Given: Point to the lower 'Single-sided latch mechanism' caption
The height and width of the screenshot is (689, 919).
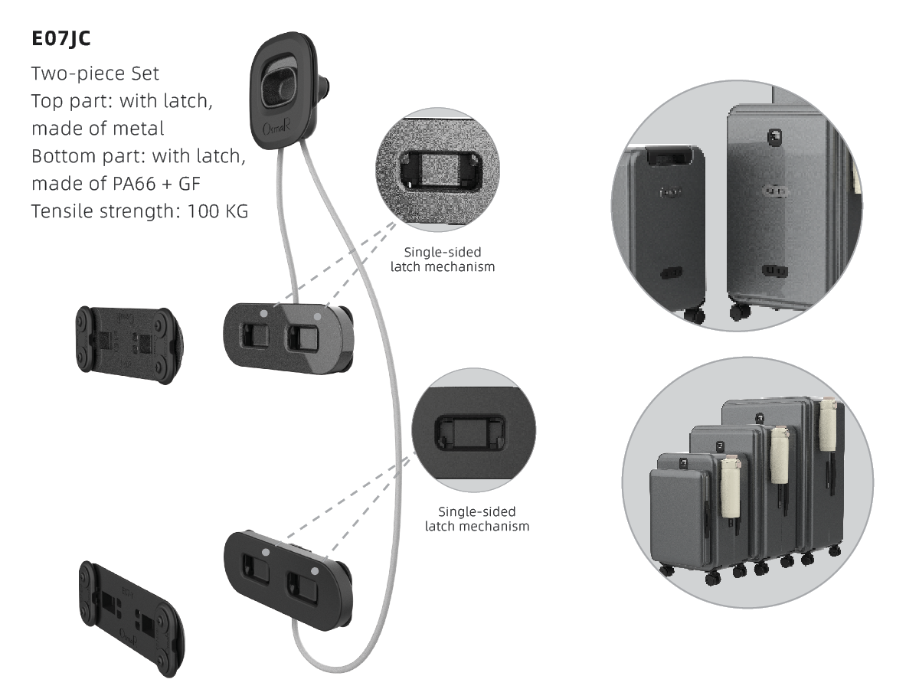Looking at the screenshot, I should point(476,518).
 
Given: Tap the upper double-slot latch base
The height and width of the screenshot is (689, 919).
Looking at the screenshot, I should point(287,337).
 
